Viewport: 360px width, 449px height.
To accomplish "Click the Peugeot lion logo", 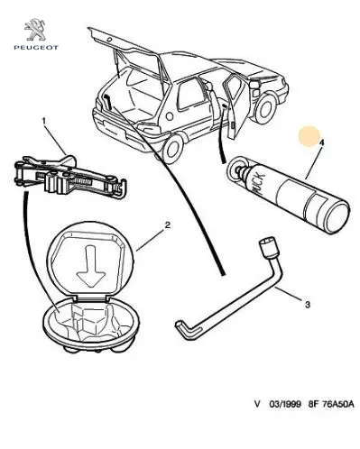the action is click(x=35, y=30).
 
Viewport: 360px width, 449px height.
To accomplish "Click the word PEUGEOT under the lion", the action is click(x=36, y=47).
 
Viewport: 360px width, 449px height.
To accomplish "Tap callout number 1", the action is click(x=44, y=121).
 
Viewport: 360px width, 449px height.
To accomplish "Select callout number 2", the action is click(x=168, y=224).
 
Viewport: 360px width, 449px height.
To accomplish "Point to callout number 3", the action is click(x=307, y=305).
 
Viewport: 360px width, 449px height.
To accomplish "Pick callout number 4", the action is click(x=321, y=142).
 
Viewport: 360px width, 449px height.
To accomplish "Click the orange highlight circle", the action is click(x=309, y=136).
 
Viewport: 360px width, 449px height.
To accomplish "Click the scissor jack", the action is click(x=70, y=177).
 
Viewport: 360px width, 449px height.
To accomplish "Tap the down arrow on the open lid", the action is click(x=90, y=265).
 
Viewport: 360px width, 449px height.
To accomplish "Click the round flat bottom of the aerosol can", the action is click(x=338, y=217).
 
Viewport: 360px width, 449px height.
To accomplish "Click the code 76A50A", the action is click(x=338, y=404).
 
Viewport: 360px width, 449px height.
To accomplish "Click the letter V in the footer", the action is click(x=257, y=404).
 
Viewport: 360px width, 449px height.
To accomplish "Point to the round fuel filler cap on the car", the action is click(x=170, y=116).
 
